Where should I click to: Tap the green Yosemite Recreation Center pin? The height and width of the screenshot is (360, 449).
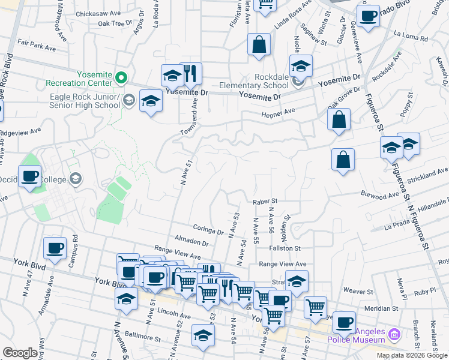(121, 77)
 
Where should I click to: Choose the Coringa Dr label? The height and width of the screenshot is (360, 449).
(208, 229)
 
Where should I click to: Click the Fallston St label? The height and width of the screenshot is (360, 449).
(285, 248)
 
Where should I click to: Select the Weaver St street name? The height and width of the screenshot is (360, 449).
(358, 290)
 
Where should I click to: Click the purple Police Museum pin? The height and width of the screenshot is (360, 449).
(394, 333)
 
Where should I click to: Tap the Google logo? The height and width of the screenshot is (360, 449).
(20, 353)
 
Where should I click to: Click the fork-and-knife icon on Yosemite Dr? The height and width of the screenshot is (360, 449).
(191, 74)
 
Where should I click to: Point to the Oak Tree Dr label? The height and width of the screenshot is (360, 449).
(115, 23)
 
